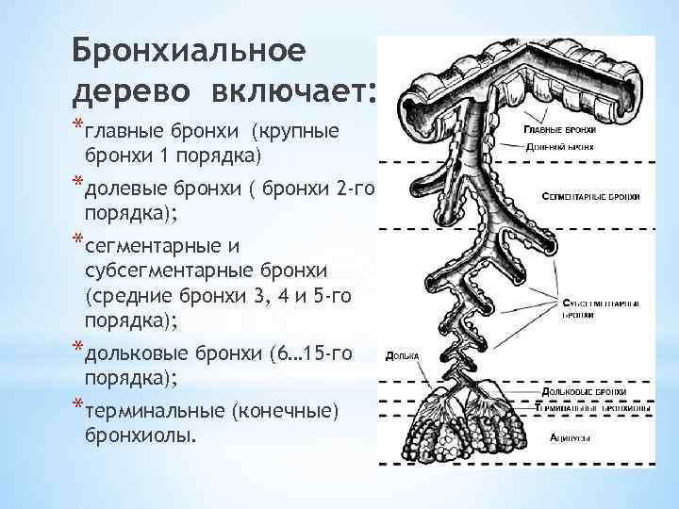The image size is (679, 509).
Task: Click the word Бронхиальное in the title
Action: pos(189,50)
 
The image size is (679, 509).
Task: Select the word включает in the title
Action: pos(287,92)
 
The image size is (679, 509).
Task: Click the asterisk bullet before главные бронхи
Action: pos(76,129)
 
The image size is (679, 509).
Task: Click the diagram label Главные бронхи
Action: pos(560,128)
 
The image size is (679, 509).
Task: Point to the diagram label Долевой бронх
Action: pos(560,146)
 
